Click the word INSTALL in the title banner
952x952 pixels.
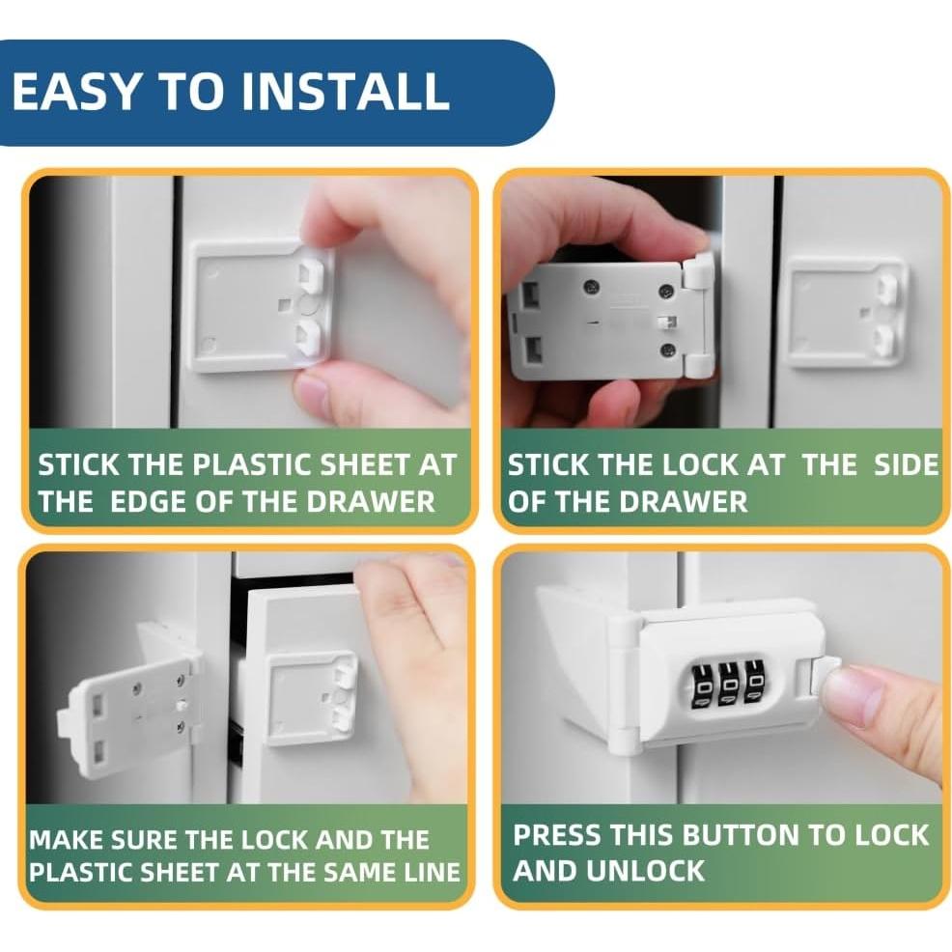[x=345, y=91]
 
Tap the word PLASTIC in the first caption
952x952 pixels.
[x=253, y=465]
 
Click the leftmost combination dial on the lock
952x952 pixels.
[x=700, y=686]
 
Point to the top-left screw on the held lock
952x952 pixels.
[x=589, y=286]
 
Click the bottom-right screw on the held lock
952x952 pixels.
[x=668, y=350]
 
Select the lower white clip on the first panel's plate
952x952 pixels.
[x=311, y=339]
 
